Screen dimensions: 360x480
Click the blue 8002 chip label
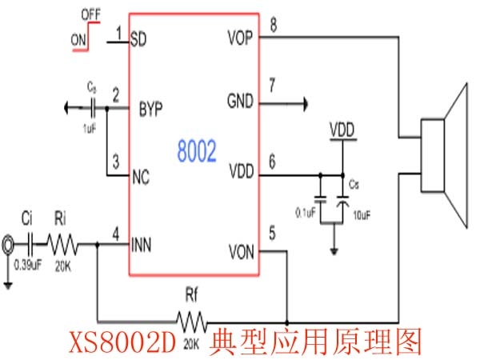pos(197,152)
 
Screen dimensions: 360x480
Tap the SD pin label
pos(138,37)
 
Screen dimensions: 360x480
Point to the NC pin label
pos(140,176)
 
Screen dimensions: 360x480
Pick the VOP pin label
pos(241,37)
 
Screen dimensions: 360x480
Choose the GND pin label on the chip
pos(241,102)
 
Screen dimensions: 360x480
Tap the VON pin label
pos(241,252)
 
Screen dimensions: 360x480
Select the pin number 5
pos(272,235)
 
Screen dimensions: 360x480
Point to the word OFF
pos(90,13)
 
